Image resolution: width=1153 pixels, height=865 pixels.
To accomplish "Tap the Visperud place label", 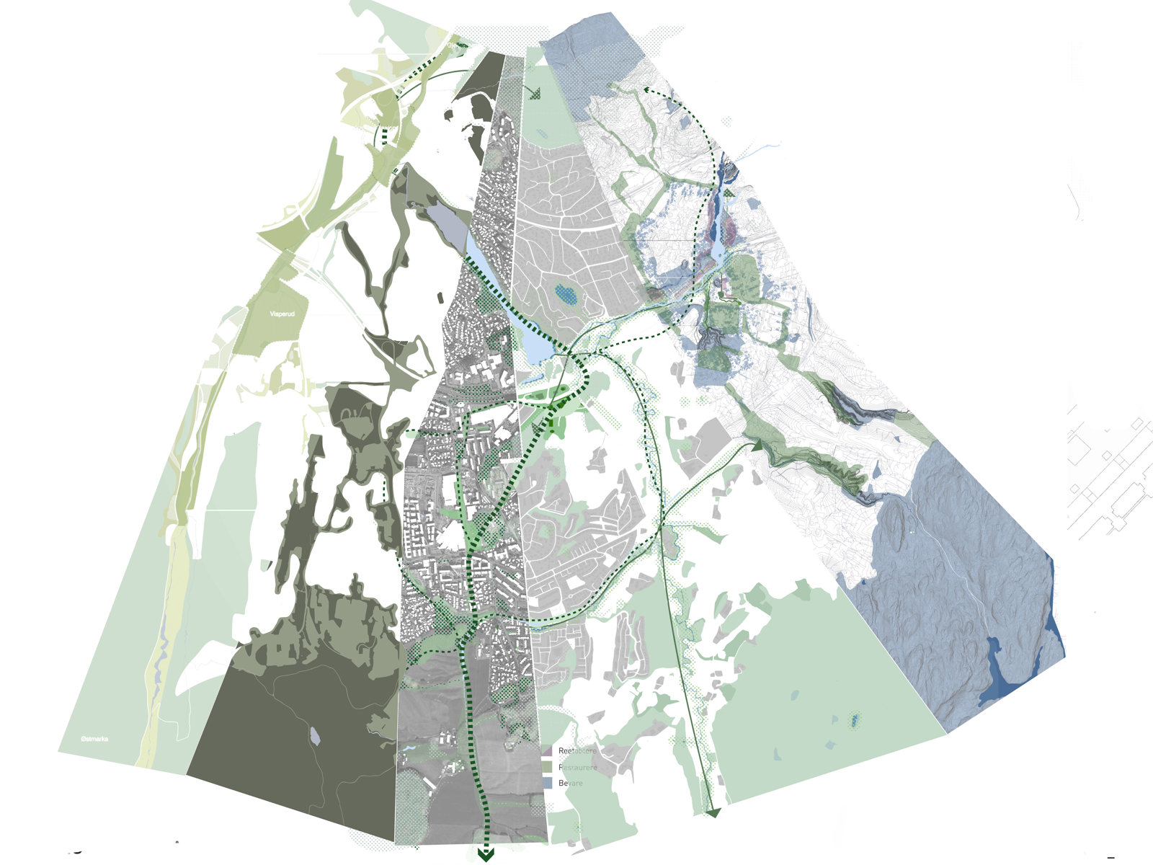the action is pos(282,314).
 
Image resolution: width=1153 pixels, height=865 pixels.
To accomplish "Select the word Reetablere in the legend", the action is pos(578,752).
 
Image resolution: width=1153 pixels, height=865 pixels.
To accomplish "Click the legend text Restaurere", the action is pos(578,768).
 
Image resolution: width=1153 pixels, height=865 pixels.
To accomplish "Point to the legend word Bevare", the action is pos(570,783).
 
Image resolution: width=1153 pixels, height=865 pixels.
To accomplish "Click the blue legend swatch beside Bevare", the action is pos(547,783).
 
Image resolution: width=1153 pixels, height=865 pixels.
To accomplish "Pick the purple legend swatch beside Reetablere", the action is pos(547,752).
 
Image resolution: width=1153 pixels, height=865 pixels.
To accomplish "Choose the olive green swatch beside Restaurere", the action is pos(547,767).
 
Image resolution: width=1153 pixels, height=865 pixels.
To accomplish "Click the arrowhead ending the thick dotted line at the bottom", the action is pos(486,856).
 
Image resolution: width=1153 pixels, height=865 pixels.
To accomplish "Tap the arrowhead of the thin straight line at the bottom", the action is pos(713,812).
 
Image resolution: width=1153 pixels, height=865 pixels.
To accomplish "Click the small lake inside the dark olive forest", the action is pos(315,735).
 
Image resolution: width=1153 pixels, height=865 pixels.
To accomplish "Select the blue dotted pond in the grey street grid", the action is pos(566,293).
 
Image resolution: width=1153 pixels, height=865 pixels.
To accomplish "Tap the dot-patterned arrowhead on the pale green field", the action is pos(534,93).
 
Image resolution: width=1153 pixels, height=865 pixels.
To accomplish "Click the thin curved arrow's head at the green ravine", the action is pos(757,446).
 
